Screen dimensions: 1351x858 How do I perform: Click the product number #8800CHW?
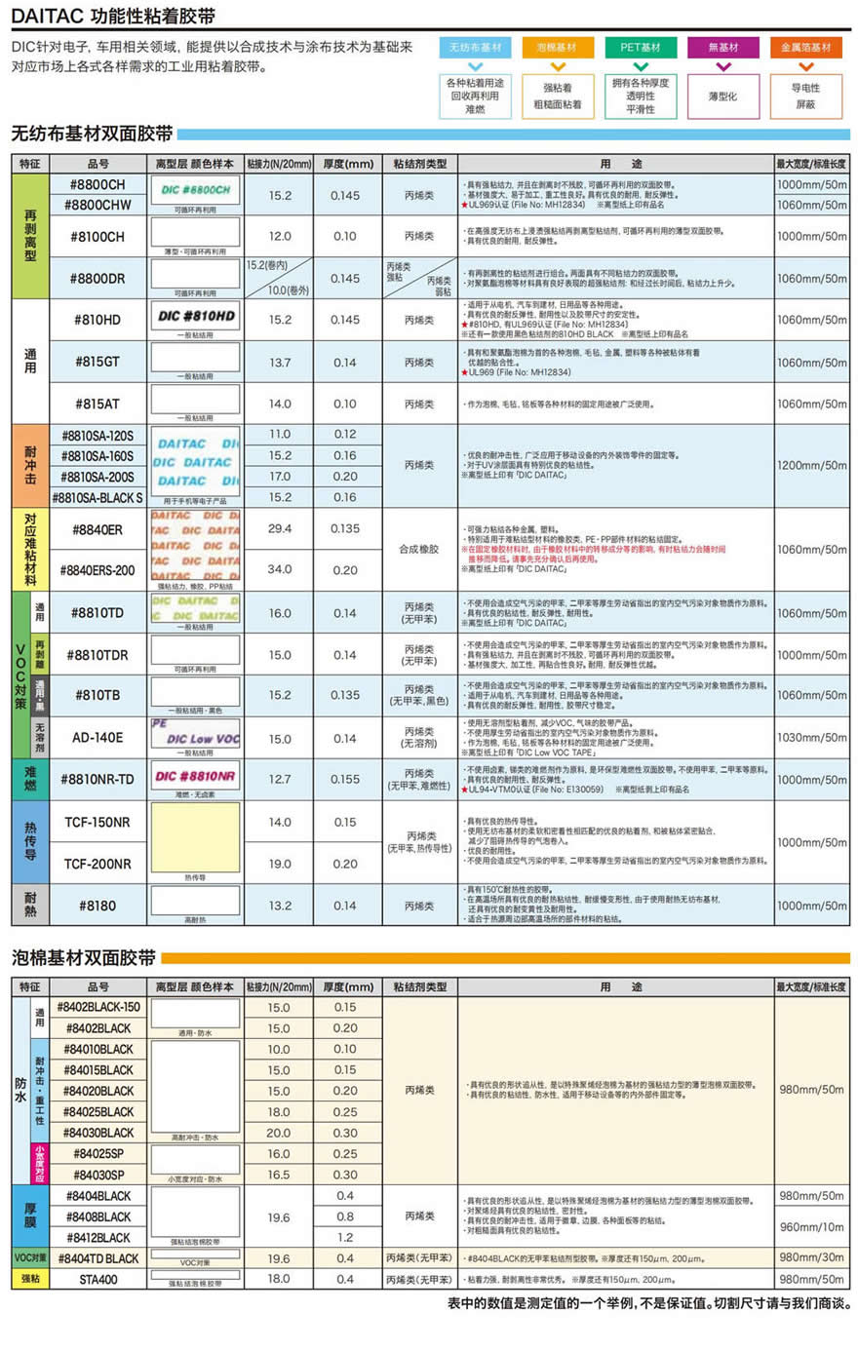point(97,205)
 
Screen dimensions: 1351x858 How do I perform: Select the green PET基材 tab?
point(641,47)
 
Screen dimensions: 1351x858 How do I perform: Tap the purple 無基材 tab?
point(723,47)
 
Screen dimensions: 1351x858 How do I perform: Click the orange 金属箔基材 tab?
point(805,47)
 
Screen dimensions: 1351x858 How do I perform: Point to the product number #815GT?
point(97,362)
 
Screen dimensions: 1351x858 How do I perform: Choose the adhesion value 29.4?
point(280,528)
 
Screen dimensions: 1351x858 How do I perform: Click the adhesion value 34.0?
point(280,569)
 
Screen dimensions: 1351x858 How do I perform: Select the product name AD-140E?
point(97,738)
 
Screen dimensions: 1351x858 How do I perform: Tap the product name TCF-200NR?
point(97,864)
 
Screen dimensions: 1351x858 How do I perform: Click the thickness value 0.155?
point(345,779)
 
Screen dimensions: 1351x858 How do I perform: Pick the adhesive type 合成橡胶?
point(419,549)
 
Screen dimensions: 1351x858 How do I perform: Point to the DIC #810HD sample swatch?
point(196,316)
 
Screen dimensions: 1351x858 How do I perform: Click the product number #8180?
point(97,906)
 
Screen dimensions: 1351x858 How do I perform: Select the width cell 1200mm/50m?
point(811,465)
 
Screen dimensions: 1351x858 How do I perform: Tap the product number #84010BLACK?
point(98,1049)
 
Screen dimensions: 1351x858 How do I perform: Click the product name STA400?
point(98,1279)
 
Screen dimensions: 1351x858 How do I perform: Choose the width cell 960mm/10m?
point(811,1227)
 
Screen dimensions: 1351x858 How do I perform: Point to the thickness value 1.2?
point(345,1237)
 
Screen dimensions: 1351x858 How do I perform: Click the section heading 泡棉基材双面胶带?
point(84,958)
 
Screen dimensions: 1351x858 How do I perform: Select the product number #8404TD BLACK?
point(98,1258)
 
